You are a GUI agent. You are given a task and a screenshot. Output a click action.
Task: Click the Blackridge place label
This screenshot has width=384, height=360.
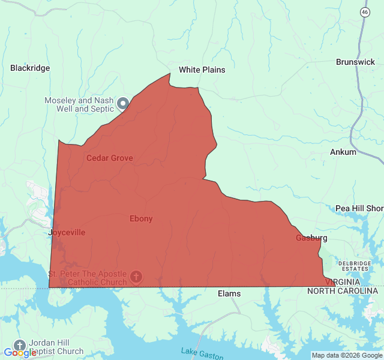(30, 68)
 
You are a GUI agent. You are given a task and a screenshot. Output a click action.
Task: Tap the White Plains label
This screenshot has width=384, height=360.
(202, 70)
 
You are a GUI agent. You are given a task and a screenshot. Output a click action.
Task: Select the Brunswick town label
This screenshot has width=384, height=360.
(355, 62)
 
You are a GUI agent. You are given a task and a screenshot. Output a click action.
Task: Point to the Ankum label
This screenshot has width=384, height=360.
(343, 152)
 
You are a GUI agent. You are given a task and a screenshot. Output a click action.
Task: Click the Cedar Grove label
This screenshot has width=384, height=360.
(110, 158)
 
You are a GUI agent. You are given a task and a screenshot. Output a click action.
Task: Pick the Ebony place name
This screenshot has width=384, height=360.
(141, 218)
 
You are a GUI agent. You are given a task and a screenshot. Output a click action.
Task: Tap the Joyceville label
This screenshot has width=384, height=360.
(67, 232)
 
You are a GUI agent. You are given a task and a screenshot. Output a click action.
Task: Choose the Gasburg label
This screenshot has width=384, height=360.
(311, 238)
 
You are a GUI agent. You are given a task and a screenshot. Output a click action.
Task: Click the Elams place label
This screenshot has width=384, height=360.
(229, 293)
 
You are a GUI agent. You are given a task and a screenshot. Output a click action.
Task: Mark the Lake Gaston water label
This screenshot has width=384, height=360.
(202, 353)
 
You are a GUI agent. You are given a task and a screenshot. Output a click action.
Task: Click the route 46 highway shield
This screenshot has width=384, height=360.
(365, 12)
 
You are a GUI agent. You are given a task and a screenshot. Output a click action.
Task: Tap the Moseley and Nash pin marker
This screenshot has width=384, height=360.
(123, 103)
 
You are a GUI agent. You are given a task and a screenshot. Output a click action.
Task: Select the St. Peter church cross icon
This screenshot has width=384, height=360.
(136, 277)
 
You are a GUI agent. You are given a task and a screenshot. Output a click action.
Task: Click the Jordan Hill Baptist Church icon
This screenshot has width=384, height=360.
(20, 345)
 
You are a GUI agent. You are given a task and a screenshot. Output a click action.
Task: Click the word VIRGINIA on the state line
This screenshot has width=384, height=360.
(343, 281)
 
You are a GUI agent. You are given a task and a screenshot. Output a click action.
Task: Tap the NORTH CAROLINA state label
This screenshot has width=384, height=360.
(343, 290)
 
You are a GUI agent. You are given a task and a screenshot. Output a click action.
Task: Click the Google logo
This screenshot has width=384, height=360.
(20, 353)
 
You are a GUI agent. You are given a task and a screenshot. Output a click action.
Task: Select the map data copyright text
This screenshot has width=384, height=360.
(347, 355)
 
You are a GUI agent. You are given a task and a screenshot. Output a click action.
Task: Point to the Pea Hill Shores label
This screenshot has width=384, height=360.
(359, 208)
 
